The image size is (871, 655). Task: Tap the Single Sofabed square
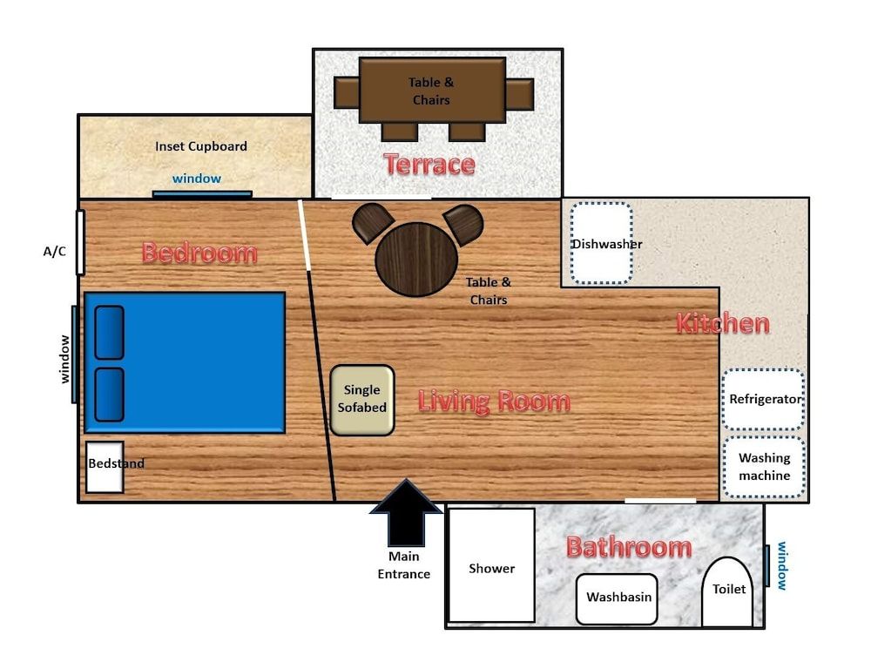tap(361, 400)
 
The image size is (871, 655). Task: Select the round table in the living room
tap(416, 260)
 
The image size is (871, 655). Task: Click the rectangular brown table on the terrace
tap(432, 90)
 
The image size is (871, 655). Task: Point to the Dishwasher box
tap(601, 243)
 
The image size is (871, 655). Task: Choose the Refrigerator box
tap(764, 399)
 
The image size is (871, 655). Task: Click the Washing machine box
tap(764, 467)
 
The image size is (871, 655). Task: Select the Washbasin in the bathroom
tap(617, 598)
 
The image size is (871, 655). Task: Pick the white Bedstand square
tap(105, 467)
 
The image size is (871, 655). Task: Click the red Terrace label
tap(429, 164)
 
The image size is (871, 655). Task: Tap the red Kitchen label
tap(723, 324)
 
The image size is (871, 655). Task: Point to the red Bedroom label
tap(199, 253)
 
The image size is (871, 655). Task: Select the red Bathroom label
tap(628, 547)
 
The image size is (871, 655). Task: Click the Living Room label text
tap(494, 402)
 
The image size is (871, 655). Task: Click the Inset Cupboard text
tap(201, 146)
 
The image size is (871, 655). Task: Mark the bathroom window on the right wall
tap(766, 565)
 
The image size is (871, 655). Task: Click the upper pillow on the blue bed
tap(109, 332)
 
